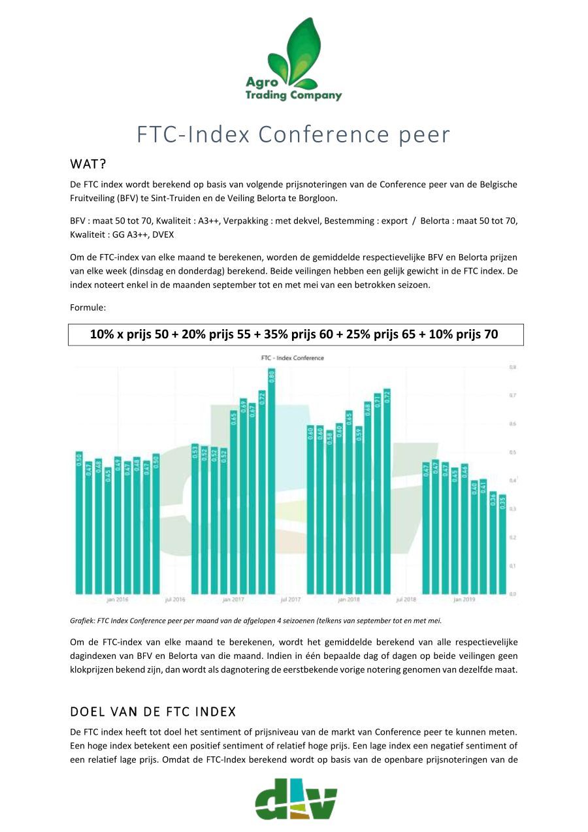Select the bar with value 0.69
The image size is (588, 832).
point(243,496)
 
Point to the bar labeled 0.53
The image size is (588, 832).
point(195,519)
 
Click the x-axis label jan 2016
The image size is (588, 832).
point(118,598)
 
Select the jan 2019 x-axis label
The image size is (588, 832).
point(464,598)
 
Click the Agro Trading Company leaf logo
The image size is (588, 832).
point(293,59)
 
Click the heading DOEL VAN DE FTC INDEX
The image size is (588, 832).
point(153,711)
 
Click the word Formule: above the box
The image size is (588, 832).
point(88,306)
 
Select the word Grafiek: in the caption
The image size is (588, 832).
point(81,620)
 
